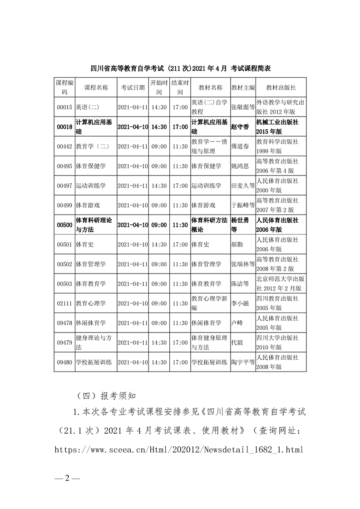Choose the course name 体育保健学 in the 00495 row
90,166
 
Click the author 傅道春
240,147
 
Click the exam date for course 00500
133,225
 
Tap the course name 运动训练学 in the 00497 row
90,186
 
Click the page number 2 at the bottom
66,478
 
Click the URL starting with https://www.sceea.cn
178,450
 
